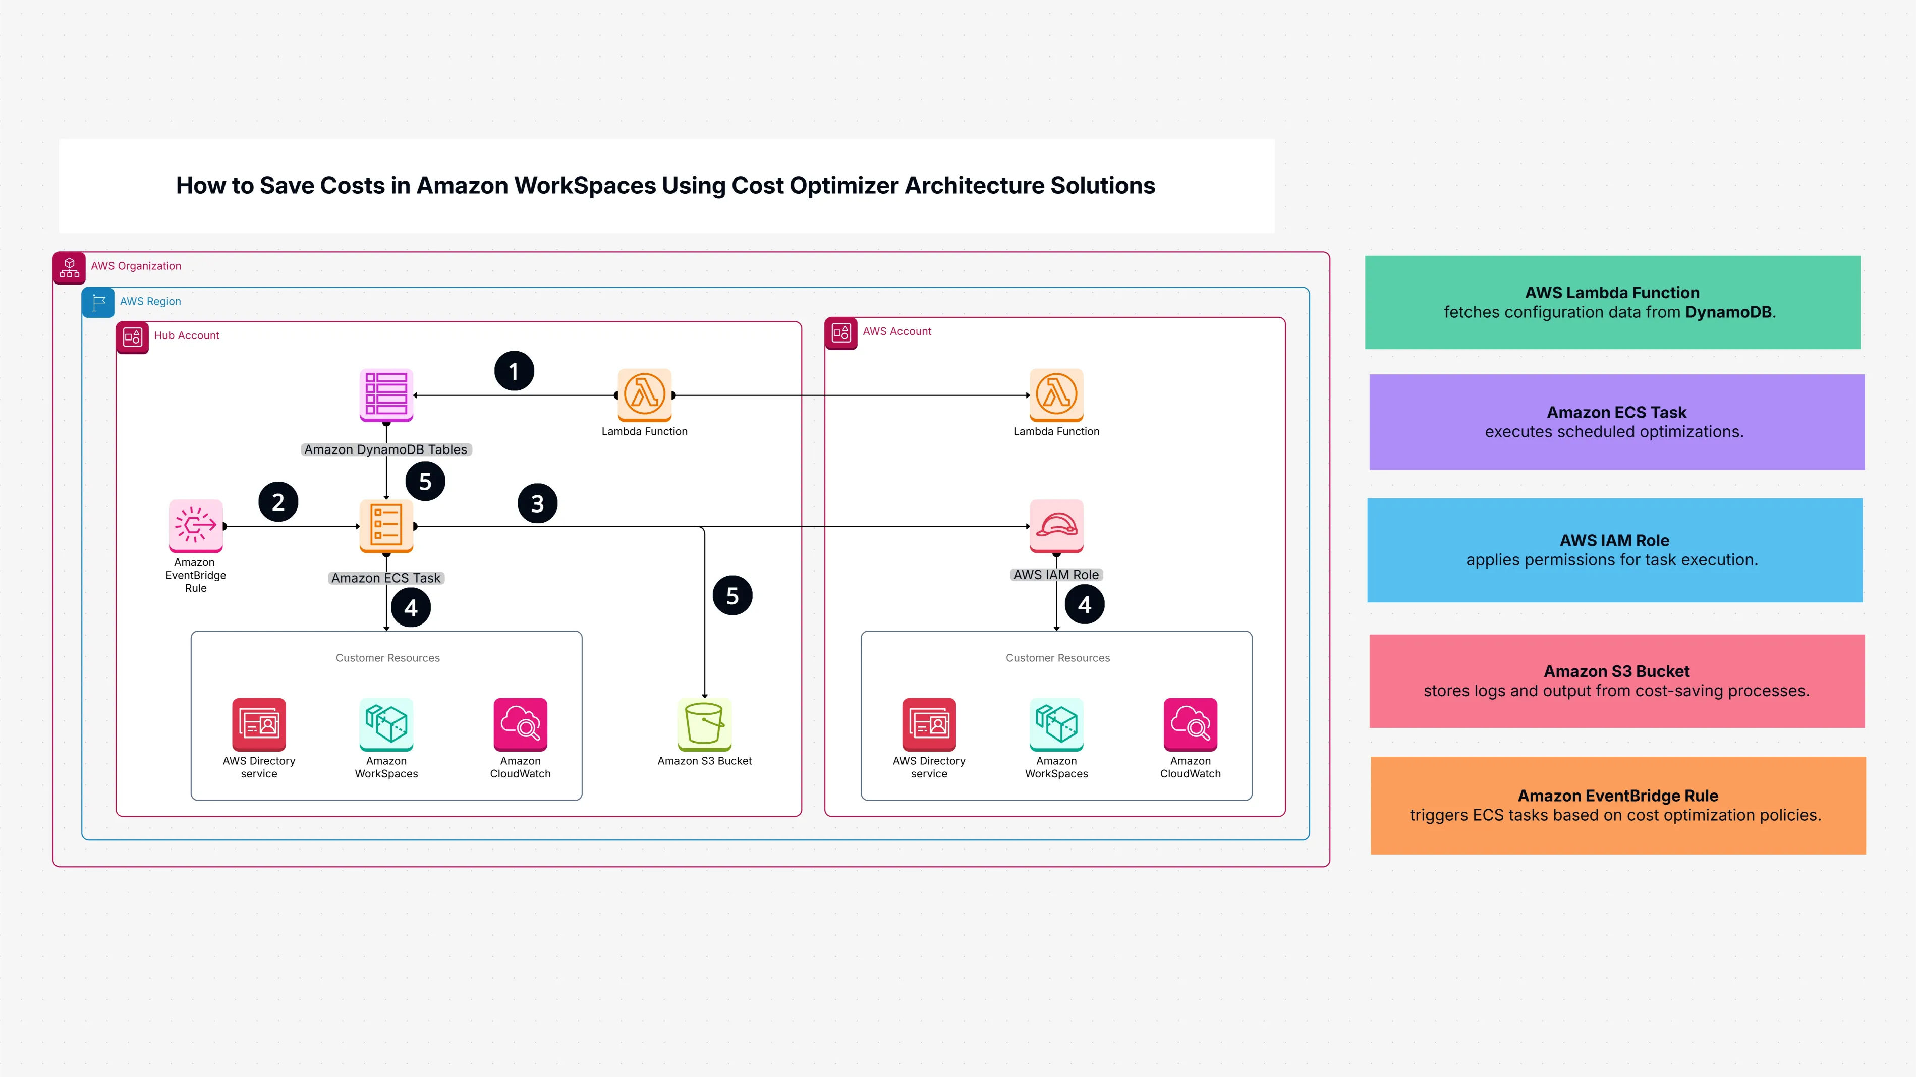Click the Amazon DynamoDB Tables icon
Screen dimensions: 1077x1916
click(x=386, y=394)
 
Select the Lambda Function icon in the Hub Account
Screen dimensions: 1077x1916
click(x=644, y=394)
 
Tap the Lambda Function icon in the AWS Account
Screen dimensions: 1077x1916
click(x=1056, y=394)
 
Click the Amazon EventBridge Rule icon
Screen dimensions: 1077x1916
click(x=196, y=525)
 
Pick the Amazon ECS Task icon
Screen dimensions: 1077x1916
click(x=386, y=525)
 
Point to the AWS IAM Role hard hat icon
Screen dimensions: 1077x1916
click(x=1056, y=525)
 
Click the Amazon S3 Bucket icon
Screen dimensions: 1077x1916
click(x=704, y=724)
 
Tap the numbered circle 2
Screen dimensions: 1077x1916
click(x=278, y=502)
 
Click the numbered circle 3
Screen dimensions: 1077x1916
click(x=537, y=503)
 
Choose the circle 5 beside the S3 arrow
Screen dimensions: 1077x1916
click(x=732, y=595)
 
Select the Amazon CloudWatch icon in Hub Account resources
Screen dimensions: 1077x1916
click(x=520, y=724)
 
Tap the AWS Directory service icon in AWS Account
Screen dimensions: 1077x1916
click(x=929, y=724)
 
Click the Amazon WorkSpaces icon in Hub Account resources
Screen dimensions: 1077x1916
click(x=386, y=724)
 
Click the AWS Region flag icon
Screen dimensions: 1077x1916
click(x=98, y=302)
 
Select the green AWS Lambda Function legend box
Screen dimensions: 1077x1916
click(x=1612, y=302)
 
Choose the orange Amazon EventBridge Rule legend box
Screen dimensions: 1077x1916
click(x=1618, y=805)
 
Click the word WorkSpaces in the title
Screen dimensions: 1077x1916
click(x=585, y=185)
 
